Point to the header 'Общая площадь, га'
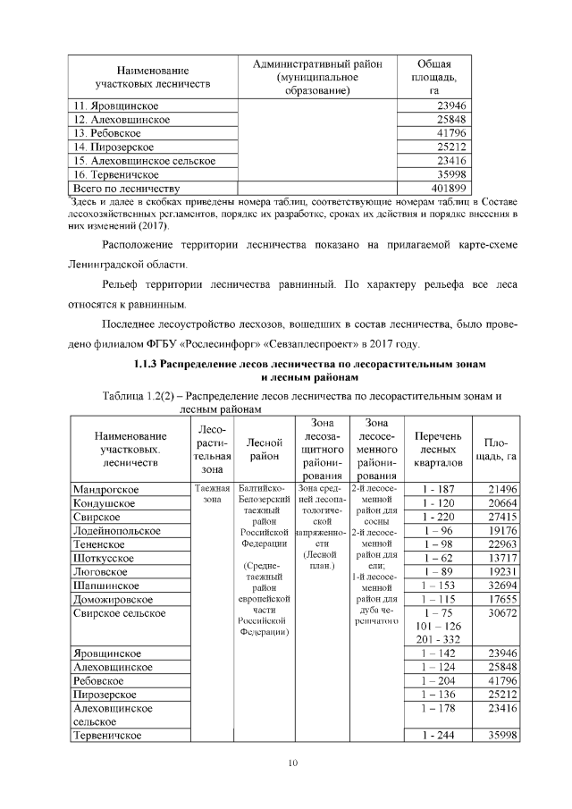[434, 77]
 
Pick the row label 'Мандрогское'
[105, 490]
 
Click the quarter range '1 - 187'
[437, 490]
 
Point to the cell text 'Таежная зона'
[212, 494]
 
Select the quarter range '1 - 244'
[437, 735]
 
